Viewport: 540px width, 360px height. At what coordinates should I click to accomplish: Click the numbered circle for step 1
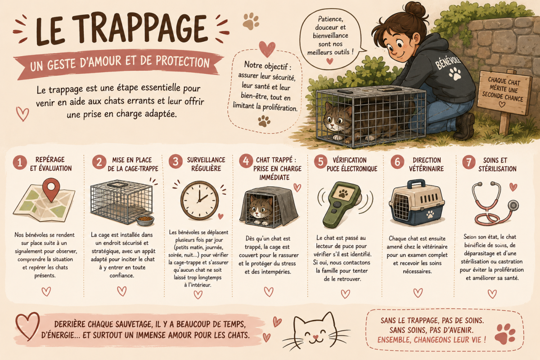click(x=20, y=162)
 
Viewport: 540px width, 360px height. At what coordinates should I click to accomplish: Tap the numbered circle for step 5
click(x=320, y=162)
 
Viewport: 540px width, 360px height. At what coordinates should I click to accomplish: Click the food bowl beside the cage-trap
click(x=145, y=220)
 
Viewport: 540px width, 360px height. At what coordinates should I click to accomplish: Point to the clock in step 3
click(x=200, y=200)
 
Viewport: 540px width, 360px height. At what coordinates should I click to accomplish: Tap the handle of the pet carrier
click(x=416, y=184)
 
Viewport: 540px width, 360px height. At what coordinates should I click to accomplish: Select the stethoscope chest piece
click(x=513, y=206)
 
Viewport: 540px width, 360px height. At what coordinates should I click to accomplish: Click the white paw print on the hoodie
click(x=455, y=74)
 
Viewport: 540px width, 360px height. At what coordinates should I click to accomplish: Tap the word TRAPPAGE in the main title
click(x=139, y=28)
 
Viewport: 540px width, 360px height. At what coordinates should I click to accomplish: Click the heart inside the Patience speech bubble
click(x=329, y=61)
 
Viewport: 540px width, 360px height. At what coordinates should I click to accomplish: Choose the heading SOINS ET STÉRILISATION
click(x=497, y=164)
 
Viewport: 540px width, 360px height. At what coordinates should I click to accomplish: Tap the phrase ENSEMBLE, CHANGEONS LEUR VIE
click(x=432, y=340)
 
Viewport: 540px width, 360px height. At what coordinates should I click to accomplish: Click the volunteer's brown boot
click(x=463, y=126)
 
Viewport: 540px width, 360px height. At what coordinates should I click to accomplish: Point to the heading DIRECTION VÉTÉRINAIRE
click(x=427, y=164)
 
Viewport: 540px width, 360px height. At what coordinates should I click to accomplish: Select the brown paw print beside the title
click(x=251, y=21)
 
